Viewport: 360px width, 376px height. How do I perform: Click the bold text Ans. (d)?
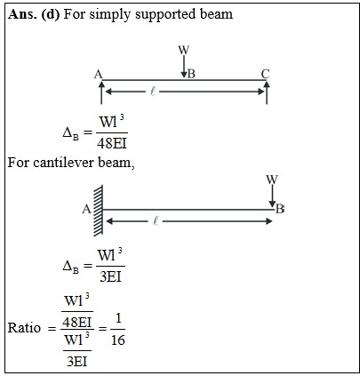34,14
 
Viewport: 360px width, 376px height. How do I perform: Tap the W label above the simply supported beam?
184,50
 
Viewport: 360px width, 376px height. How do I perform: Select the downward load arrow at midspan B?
184,66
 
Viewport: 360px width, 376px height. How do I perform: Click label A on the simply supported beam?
98,74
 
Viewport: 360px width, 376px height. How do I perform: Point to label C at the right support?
266,74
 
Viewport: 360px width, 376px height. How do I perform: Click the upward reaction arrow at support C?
267,92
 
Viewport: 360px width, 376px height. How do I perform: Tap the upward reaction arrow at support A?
101,92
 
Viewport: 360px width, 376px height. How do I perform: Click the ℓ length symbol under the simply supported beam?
153,92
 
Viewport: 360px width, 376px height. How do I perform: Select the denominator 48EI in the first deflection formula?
112,144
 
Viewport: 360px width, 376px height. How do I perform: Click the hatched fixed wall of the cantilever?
98,211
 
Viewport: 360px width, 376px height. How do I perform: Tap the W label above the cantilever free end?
272,180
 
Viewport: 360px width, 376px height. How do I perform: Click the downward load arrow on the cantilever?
272,196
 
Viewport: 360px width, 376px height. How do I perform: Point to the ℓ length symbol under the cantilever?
156,221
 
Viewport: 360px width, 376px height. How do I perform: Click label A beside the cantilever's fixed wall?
86,210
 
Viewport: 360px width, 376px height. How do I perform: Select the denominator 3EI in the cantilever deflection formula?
110,276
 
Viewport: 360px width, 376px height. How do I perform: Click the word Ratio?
24,328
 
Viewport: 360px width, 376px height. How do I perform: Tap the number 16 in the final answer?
118,340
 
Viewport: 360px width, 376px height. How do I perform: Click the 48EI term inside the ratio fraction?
77,323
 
